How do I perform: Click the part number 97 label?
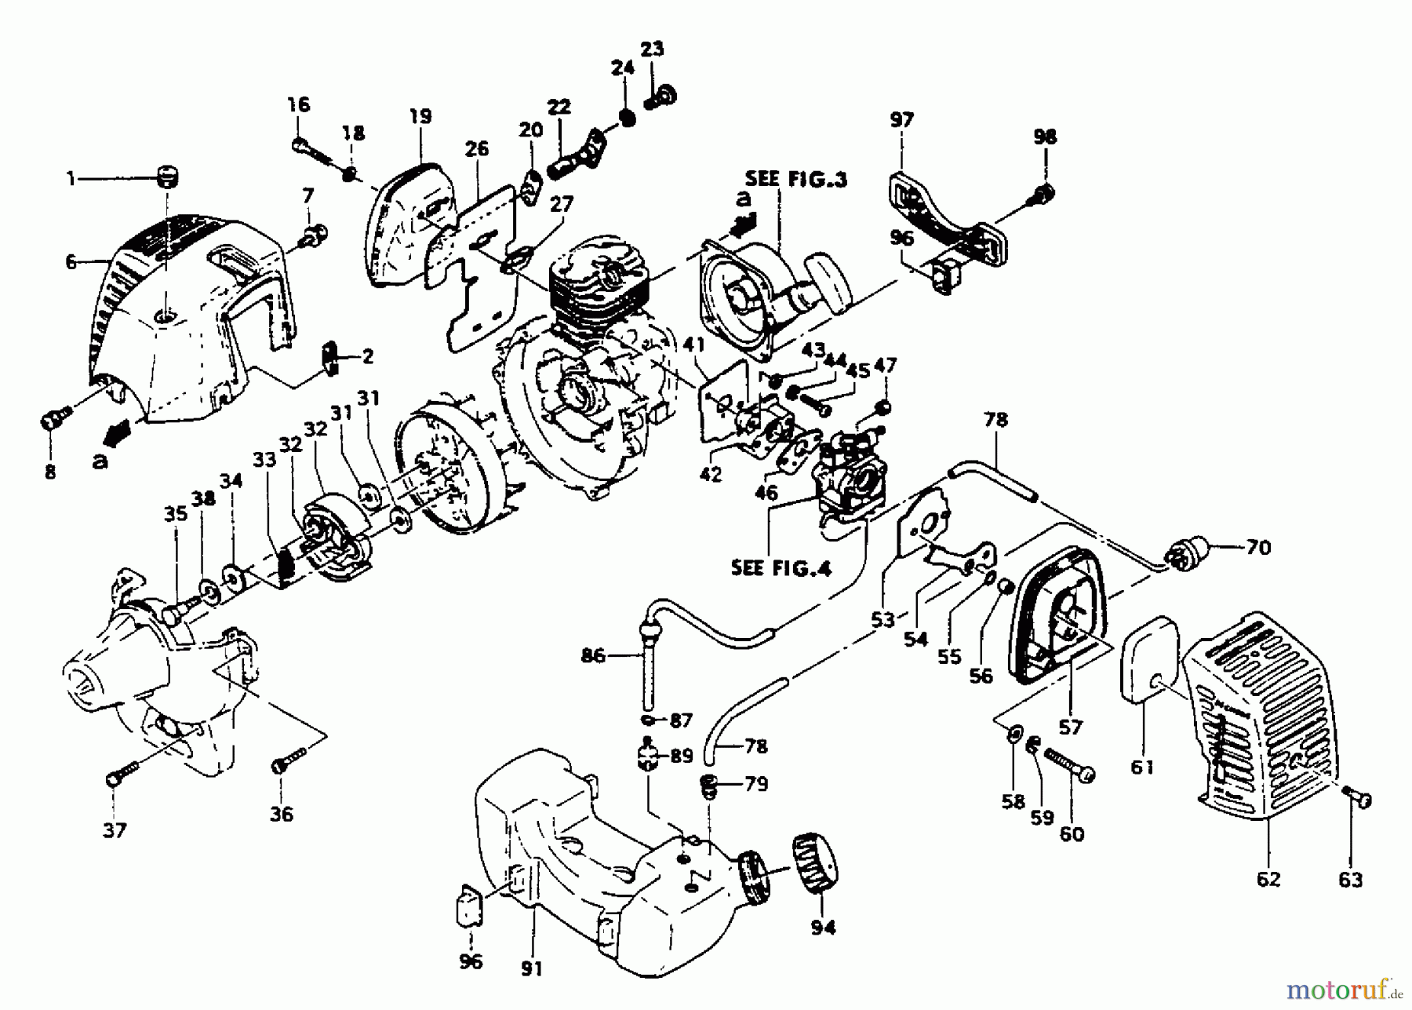click(901, 121)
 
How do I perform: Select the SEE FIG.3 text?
click(795, 180)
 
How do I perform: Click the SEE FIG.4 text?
click(781, 567)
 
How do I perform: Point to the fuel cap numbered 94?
click(814, 866)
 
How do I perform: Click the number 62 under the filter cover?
click(1268, 880)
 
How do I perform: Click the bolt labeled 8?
click(54, 421)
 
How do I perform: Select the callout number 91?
click(531, 969)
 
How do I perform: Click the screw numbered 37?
click(122, 772)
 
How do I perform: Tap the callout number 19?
click(420, 117)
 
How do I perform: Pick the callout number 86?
click(593, 655)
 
